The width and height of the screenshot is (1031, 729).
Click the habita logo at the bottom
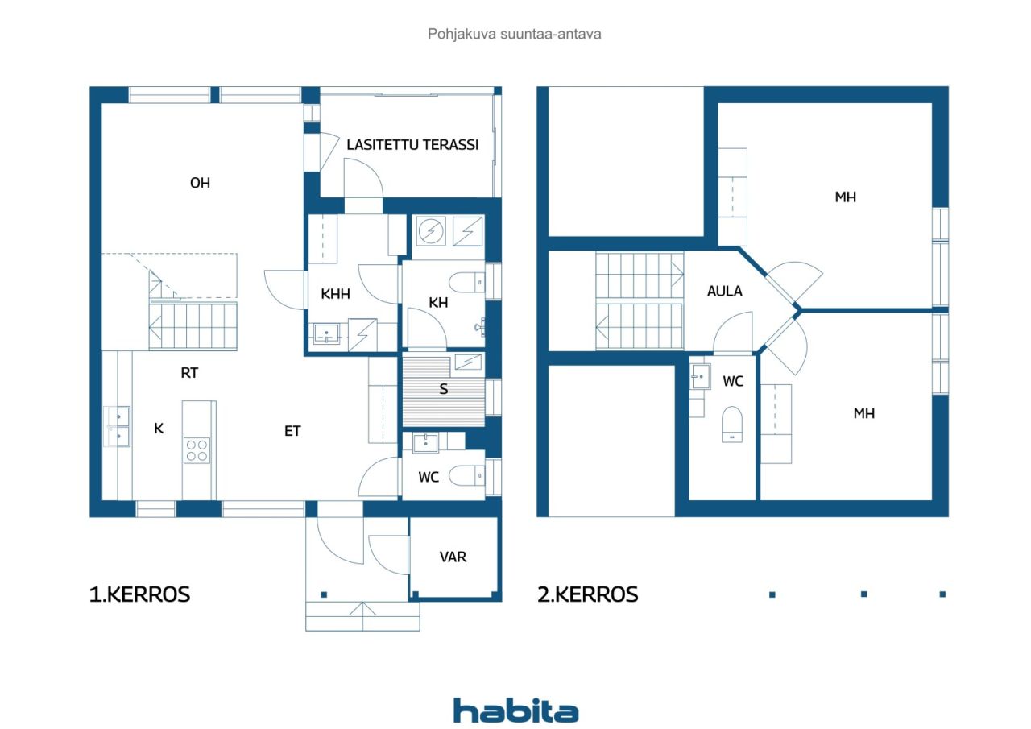coord(515,710)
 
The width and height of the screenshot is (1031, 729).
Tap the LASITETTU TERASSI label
coord(412,145)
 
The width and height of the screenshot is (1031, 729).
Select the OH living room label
coord(201,183)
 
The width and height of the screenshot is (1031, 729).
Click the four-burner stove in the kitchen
coord(197,450)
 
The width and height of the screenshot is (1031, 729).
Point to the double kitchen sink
coord(117,426)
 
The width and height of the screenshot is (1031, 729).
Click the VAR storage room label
coord(453,557)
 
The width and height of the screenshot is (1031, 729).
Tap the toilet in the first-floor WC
coord(466,475)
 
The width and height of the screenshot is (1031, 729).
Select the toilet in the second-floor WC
coord(732,425)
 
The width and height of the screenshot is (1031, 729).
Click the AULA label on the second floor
coord(724,291)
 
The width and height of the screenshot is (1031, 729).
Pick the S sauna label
coord(443,389)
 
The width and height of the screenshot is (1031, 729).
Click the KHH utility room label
coord(336,294)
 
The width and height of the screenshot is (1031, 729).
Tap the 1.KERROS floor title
coord(139,594)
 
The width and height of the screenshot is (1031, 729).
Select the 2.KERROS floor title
coord(588,594)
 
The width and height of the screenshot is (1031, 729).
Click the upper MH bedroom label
coord(846,197)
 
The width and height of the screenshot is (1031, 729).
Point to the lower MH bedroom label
coord(864,413)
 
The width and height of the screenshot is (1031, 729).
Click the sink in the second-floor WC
coord(701,376)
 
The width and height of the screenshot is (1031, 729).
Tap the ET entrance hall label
coord(292,431)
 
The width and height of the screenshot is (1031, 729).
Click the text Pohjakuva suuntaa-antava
coord(515,34)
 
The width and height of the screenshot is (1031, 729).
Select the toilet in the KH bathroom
coord(466,282)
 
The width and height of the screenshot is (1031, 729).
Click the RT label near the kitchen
coord(189,373)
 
